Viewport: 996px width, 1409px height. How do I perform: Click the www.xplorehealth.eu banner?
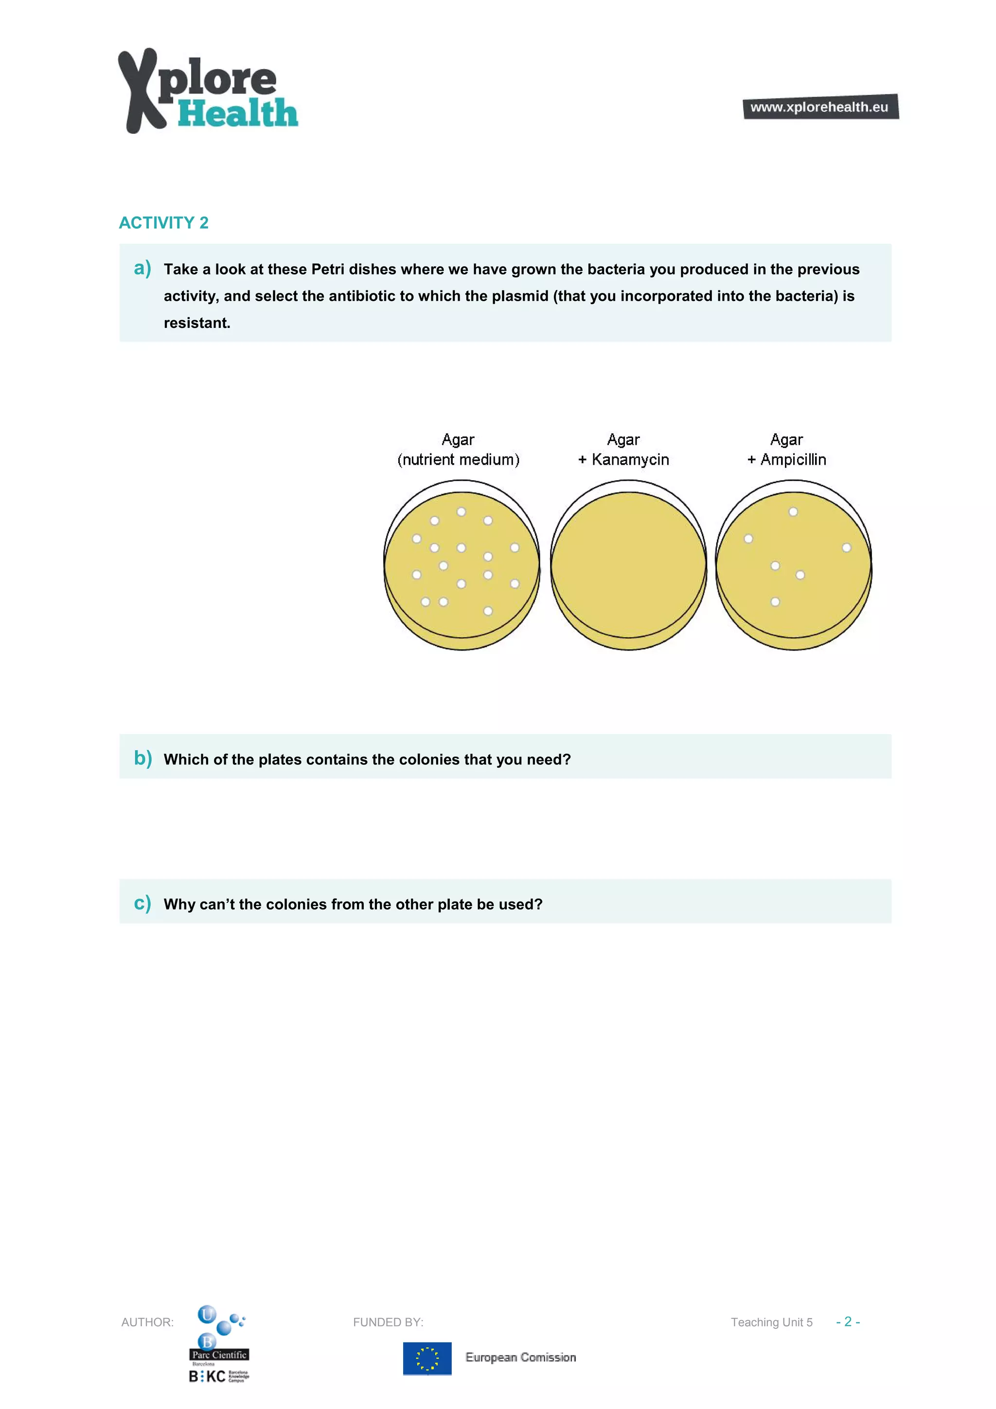820,107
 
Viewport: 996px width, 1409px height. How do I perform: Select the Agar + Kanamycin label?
623,450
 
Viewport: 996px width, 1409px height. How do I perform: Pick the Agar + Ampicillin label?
786,450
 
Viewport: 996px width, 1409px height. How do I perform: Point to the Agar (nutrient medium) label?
458,450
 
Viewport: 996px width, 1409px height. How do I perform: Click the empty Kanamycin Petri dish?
628,564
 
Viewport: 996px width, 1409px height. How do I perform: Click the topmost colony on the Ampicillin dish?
793,512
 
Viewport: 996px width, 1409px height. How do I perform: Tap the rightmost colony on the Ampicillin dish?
846,547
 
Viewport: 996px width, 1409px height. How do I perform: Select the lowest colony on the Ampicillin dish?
775,602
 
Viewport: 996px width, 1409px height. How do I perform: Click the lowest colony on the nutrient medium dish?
488,611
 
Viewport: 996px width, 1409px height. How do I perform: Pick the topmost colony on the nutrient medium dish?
461,512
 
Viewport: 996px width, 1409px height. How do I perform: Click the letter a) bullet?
142,268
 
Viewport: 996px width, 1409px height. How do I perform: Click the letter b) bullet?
142,758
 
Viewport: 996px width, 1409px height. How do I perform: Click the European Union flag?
427,1358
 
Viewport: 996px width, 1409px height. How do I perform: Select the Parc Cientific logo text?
219,1355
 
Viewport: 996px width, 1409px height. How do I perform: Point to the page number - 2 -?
848,1321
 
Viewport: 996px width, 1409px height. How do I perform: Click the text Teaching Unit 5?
771,1322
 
